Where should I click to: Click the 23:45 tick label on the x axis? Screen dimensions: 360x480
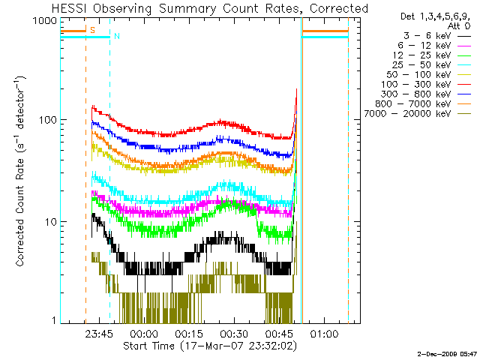click(x=98, y=334)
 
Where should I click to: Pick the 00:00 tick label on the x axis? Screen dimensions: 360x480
click(x=143, y=334)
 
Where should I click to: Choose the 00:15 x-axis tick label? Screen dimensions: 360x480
click(x=188, y=334)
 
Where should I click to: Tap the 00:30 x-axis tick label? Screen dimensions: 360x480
click(x=233, y=334)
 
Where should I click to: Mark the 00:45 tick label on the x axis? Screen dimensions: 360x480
click(x=278, y=334)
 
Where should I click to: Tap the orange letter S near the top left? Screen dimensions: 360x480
click(x=92, y=29)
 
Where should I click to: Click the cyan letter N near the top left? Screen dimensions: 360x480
click(x=116, y=35)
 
